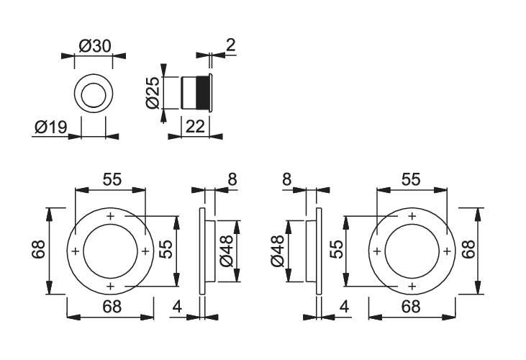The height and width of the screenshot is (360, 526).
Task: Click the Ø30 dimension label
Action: coord(94,46)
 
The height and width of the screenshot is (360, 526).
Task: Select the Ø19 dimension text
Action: coord(51,127)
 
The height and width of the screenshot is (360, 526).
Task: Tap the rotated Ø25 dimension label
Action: coord(153,93)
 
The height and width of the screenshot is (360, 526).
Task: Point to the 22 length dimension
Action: coord(195,127)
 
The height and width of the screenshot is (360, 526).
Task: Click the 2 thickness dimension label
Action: coord(231,45)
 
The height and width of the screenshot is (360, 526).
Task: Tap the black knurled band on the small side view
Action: coord(202,93)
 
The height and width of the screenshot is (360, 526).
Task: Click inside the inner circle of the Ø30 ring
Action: coord(94,94)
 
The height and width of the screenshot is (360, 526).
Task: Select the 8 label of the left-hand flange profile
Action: coord(232,179)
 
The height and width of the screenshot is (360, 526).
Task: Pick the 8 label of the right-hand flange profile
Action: coord(287,179)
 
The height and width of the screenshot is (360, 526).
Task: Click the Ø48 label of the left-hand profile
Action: coord(227,251)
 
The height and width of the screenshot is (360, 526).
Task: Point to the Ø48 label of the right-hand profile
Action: coord(278,251)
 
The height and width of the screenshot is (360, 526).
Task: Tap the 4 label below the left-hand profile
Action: coord(177,307)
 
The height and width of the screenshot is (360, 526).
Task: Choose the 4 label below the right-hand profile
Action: coord(344,307)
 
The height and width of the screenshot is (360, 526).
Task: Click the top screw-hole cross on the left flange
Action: coord(111,217)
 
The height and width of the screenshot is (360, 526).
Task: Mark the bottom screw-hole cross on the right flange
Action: coord(412,286)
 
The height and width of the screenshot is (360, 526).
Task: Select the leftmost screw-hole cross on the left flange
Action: coord(76,251)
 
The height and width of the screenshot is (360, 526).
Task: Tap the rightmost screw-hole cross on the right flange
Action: coord(447,251)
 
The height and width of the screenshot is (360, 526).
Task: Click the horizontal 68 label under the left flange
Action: coord(112,307)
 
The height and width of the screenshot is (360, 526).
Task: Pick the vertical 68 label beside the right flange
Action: coord(468,249)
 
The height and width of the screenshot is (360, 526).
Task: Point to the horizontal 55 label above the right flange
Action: coord(411,179)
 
